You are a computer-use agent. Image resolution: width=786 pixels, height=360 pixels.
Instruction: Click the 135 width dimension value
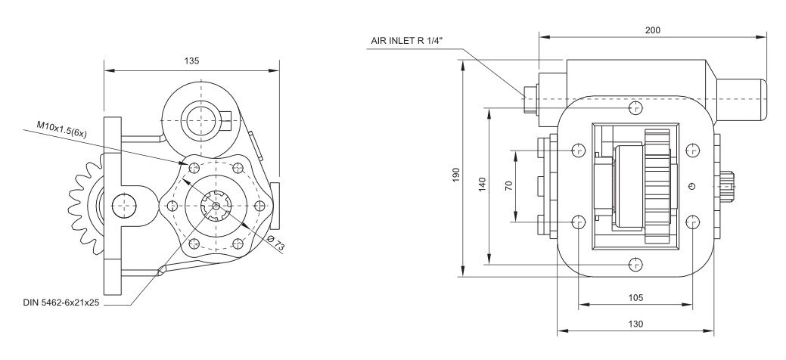(191, 61)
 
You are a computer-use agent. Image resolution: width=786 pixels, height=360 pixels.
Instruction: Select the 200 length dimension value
(652, 30)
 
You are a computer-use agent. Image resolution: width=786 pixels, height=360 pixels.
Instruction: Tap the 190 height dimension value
(455, 175)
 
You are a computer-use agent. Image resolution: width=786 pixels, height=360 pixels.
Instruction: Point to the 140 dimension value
(482, 185)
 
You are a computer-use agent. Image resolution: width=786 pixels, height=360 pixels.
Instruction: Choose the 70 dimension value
(509, 186)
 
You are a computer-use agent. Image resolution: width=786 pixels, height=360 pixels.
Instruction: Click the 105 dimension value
(635, 298)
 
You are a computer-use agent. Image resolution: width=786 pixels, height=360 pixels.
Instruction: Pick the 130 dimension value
(635, 324)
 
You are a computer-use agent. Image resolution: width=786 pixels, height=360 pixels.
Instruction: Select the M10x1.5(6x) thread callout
(62, 129)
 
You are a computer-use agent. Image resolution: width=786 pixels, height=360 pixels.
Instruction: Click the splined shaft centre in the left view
(216, 206)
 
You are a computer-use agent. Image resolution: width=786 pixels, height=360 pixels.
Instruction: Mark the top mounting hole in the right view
(635, 108)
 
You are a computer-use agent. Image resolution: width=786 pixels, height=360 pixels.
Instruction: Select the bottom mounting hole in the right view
(635, 264)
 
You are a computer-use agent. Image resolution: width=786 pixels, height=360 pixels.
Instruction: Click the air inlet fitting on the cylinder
(530, 99)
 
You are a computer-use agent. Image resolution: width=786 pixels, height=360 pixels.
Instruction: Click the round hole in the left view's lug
(124, 206)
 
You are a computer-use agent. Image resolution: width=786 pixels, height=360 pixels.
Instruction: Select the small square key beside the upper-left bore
(226, 120)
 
